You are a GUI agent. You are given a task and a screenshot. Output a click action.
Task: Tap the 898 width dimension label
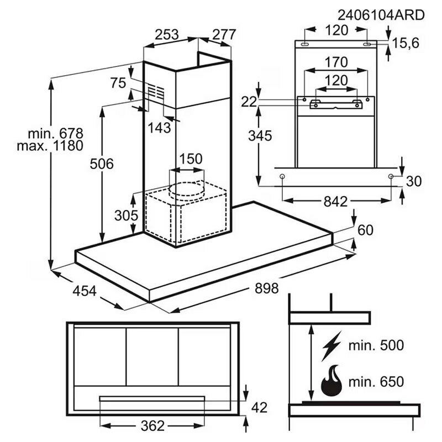[267, 288]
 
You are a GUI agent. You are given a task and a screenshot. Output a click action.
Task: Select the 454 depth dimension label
[85, 291]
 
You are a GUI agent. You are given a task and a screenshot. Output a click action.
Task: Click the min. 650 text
[376, 381]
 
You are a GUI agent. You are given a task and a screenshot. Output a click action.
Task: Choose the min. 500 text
[376, 346]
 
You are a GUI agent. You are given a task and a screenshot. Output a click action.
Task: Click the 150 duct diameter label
[191, 159]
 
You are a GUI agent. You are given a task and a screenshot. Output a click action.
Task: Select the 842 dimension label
[336, 202]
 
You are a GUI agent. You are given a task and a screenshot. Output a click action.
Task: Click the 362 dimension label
[152, 425]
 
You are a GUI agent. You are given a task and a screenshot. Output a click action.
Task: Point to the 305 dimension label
[125, 215]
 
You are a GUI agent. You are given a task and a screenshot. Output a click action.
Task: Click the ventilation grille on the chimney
[156, 92]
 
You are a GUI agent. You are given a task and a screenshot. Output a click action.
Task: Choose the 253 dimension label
[166, 34]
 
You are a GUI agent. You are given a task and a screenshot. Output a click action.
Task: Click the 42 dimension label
[259, 408]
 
